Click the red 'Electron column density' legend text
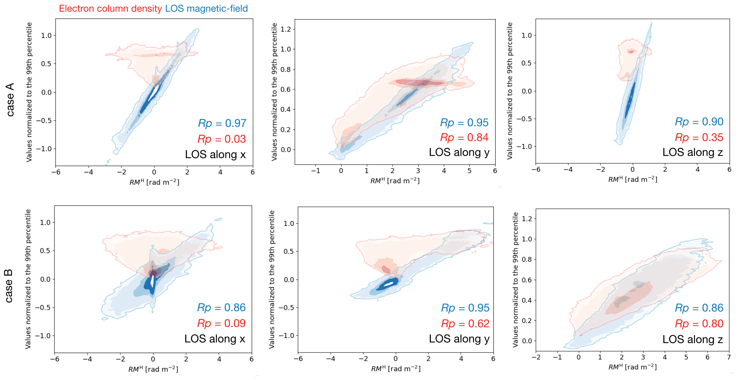click(x=110, y=9)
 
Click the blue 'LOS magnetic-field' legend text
click(x=206, y=9)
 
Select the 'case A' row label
click(x=10, y=100)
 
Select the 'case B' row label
click(x=9, y=286)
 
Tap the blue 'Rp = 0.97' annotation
click(x=222, y=123)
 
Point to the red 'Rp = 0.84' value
click(x=464, y=137)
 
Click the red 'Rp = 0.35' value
click(x=699, y=137)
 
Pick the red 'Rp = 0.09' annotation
click(x=221, y=323)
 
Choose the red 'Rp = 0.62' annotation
click(x=465, y=324)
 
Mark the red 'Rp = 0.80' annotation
click(x=699, y=324)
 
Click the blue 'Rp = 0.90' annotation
click(x=699, y=122)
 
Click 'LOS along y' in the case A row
click(x=459, y=152)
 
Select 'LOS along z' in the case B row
click(x=693, y=339)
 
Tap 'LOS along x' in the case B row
click(x=215, y=339)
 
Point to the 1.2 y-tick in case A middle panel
click(x=286, y=29)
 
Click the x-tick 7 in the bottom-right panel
click(x=729, y=357)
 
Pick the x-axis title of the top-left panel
click(x=154, y=182)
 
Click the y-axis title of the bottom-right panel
click(x=515, y=280)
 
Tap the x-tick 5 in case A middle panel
click(x=469, y=171)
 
